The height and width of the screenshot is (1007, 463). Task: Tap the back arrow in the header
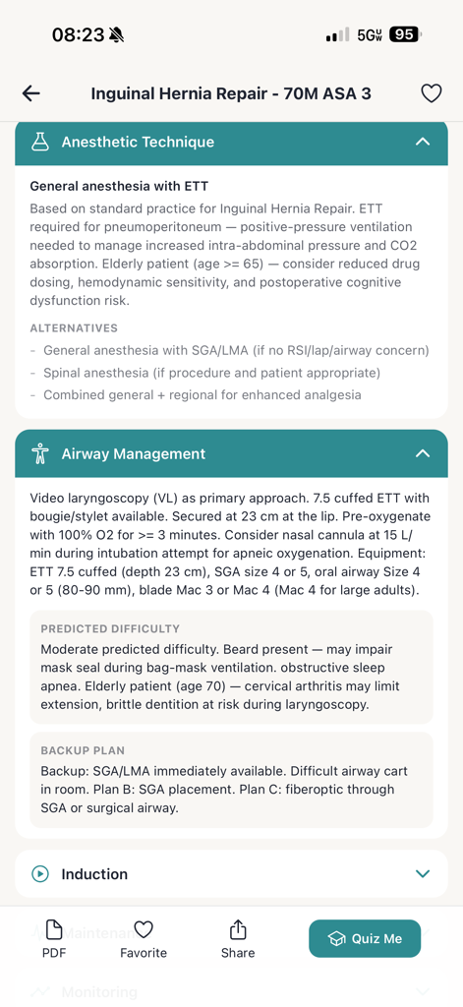click(x=31, y=93)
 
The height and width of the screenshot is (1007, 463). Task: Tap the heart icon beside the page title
click(x=431, y=93)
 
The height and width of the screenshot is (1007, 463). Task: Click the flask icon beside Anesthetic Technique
click(x=40, y=142)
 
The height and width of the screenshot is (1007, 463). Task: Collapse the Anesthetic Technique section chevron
click(x=423, y=142)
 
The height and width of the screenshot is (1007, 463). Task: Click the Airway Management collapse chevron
click(x=423, y=453)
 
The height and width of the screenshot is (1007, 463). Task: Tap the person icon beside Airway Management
click(x=40, y=453)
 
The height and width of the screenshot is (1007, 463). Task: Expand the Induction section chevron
click(x=423, y=873)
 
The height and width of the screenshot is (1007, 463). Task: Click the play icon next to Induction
click(x=40, y=873)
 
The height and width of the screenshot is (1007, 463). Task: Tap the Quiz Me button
click(x=365, y=938)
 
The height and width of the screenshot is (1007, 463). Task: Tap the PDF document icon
click(x=54, y=930)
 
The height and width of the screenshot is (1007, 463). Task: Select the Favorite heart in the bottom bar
click(x=144, y=930)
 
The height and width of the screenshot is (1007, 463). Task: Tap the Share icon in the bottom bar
click(x=238, y=930)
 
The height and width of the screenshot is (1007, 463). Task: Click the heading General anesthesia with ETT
click(x=119, y=186)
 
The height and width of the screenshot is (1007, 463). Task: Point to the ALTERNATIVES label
click(x=74, y=328)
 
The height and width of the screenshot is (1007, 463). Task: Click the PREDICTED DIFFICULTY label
click(x=110, y=628)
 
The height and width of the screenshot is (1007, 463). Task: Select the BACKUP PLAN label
click(x=83, y=750)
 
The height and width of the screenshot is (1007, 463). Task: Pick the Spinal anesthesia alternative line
click(x=211, y=373)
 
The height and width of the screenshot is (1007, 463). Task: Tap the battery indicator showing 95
click(x=404, y=34)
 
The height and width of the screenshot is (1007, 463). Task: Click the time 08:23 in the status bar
click(x=78, y=34)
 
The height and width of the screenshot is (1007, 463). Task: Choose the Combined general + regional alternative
click(x=202, y=394)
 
